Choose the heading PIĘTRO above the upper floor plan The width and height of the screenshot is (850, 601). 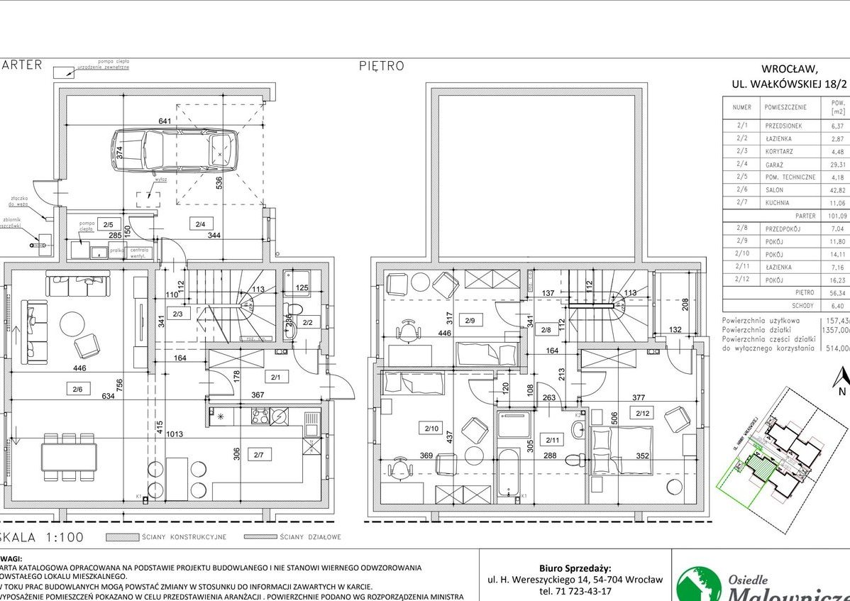click(381, 66)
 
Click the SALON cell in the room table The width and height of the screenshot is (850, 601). click(774, 190)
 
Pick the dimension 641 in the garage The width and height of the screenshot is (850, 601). click(165, 121)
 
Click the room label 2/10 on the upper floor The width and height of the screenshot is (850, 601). click(431, 429)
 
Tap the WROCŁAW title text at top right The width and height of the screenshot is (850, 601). click(789, 70)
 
